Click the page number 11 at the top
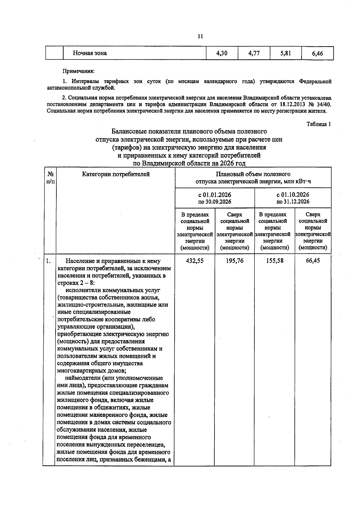pos(200,37)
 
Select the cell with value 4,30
pos(222,53)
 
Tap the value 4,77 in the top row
pos(254,53)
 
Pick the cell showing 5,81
pos(286,53)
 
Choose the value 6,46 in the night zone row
pos(317,54)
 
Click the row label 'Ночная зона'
pos(90,53)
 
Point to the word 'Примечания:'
pos(78,71)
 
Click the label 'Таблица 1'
pos(319,124)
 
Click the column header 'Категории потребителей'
pos(116,174)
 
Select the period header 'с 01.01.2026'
pos(214,195)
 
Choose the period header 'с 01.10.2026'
pos(293,195)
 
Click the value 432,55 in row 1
pos(195,261)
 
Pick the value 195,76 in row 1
pos(235,261)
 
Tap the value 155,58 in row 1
pos(274,261)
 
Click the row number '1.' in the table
pos(48,261)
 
